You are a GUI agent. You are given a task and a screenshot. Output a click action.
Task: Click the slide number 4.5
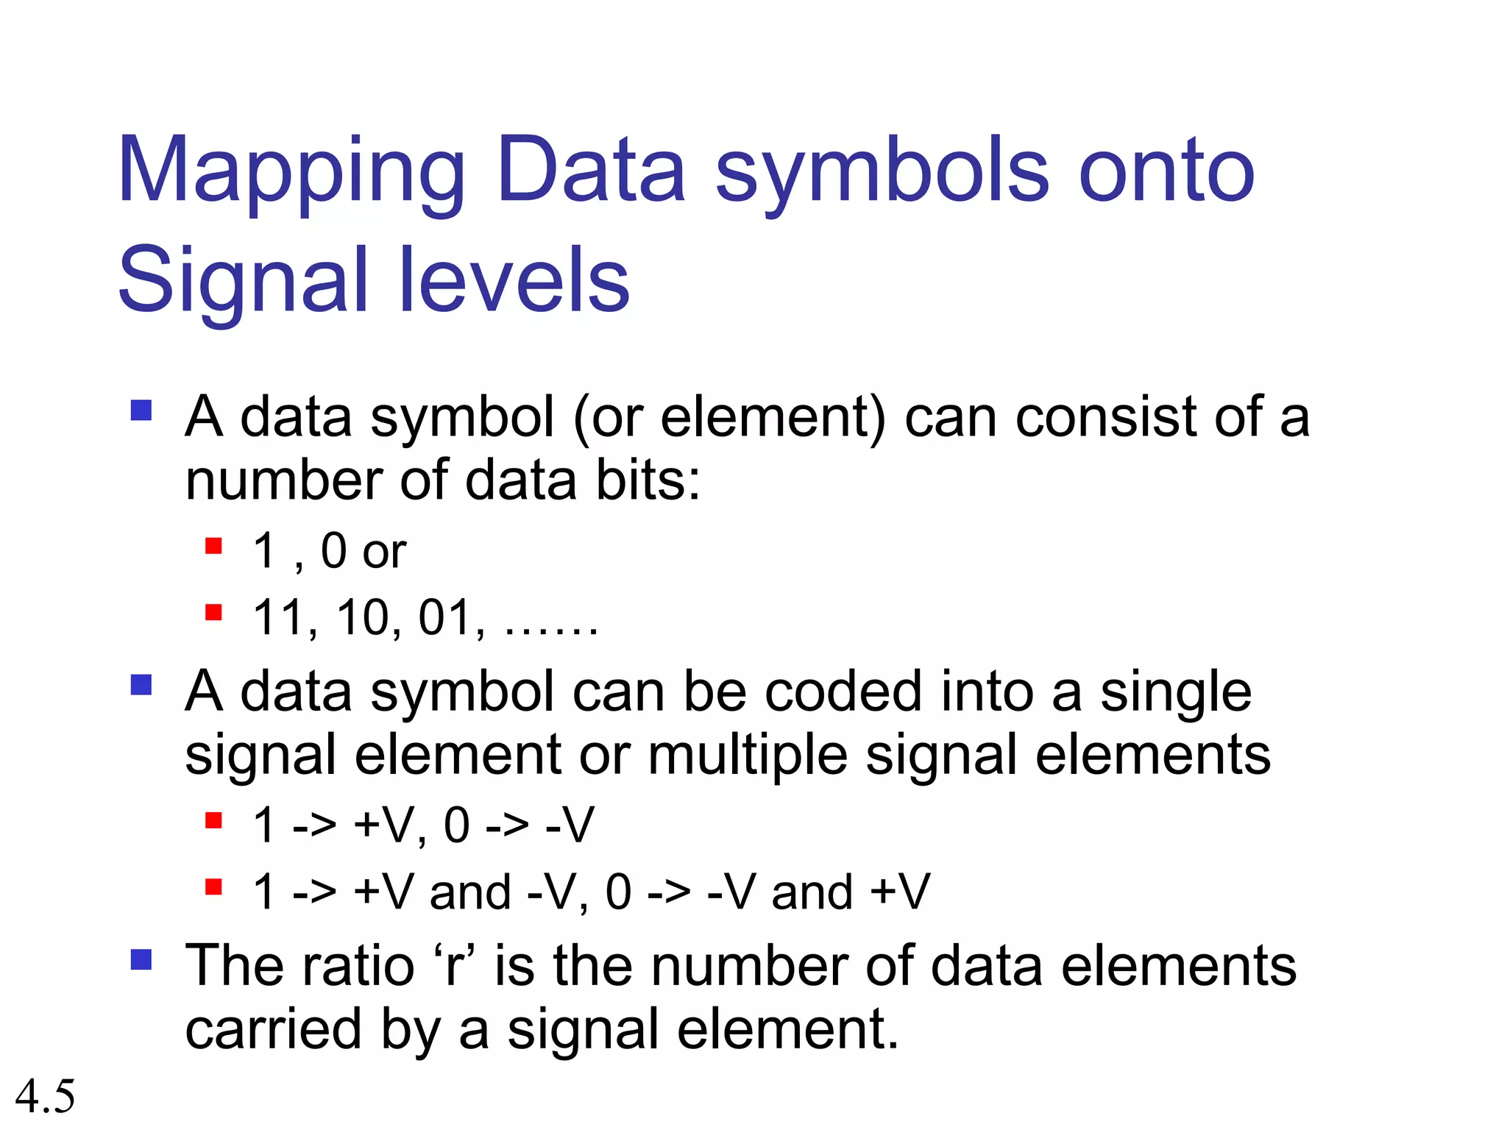tap(45, 1096)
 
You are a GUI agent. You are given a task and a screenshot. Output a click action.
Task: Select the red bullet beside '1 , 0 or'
tap(213, 546)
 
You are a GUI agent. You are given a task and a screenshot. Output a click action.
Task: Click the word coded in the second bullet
tap(843, 692)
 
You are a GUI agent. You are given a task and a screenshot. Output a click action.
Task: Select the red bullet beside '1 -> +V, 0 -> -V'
tap(213, 820)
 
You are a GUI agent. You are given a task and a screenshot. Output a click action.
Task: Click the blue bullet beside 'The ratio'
tap(141, 959)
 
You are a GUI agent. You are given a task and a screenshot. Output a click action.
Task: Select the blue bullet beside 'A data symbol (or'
tap(141, 410)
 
